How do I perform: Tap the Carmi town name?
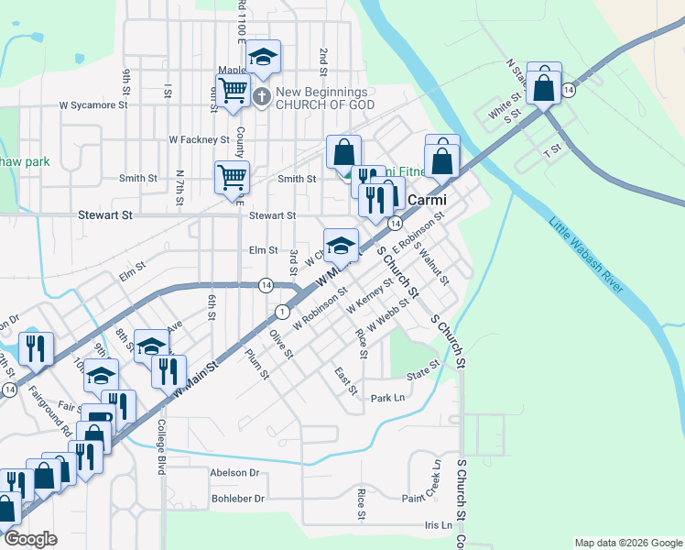[426, 199]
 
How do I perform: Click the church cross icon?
[261, 97]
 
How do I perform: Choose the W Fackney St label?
[199, 139]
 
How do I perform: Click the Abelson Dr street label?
[235, 473]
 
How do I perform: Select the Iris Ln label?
[439, 525]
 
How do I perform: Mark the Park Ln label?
[387, 398]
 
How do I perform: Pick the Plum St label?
[257, 364]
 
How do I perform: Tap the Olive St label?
[281, 345]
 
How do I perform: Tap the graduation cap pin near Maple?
[264, 59]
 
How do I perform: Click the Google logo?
[31, 539]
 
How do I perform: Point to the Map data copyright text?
[628, 543]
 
